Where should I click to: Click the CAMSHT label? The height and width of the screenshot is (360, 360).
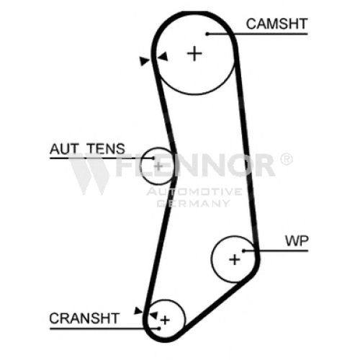pos(276,24)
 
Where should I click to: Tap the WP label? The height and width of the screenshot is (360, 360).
pos(297,240)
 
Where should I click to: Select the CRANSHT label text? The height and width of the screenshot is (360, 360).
pos(84,318)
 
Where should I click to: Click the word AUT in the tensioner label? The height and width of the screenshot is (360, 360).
pos(64,149)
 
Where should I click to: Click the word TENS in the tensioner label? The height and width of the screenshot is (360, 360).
pos(106,149)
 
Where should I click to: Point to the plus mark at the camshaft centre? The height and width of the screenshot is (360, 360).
pos(194,53)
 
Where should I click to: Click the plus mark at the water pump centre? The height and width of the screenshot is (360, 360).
pos(235,259)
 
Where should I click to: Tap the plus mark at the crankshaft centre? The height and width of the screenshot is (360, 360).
pos(165,320)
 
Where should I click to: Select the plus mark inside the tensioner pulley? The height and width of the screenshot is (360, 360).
pos(158,166)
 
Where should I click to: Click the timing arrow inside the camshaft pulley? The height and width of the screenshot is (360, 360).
pos(163,57)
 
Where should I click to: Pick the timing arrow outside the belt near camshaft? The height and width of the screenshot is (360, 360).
pos(144,61)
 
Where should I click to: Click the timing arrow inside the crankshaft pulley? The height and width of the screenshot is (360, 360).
pos(153,315)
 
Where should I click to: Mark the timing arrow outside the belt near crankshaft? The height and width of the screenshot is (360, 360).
pos(138,310)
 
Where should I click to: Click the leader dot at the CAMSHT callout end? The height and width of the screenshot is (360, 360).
pos(207,34)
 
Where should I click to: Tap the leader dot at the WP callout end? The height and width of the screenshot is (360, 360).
pos(243,251)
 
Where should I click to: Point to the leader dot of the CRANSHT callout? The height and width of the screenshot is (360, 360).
pos(159,328)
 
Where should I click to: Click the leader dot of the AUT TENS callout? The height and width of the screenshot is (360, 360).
pos(153,158)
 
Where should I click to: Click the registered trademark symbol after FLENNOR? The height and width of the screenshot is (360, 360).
pos(287,159)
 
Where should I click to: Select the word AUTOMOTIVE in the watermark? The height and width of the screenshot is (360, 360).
pos(194,192)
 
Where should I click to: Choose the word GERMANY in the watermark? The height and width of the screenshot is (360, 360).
pos(194,204)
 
